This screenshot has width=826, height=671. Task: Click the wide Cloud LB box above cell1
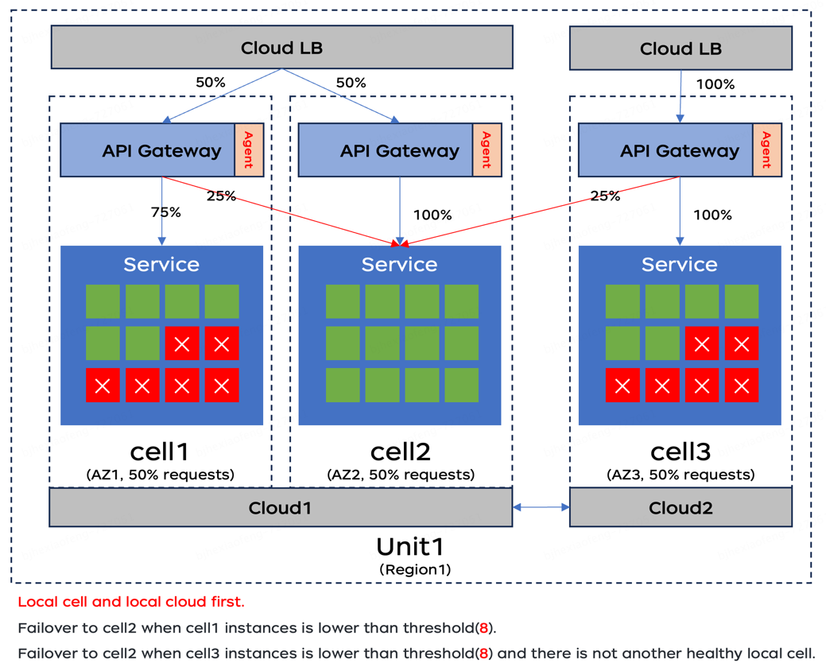click(281, 48)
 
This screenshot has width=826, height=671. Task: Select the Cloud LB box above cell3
click(681, 48)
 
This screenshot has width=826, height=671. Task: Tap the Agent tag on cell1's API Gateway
click(248, 150)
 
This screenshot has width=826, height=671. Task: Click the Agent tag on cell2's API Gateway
click(487, 150)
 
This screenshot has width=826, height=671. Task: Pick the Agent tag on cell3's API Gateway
click(766, 150)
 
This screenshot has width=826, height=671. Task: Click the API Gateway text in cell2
click(399, 150)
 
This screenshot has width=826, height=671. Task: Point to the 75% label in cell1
click(165, 212)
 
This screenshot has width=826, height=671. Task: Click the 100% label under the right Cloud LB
click(715, 84)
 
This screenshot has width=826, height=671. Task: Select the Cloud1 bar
click(280, 507)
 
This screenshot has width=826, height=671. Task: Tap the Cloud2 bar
click(681, 507)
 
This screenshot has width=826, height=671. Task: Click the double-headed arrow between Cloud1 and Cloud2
click(541, 506)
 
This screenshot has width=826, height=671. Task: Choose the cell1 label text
click(160, 452)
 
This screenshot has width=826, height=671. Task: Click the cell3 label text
click(680, 452)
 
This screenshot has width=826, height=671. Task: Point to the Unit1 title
click(409, 547)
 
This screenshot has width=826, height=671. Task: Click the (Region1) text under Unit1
click(415, 569)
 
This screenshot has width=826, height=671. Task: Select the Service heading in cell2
click(399, 264)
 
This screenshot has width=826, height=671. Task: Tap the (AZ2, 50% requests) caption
click(400, 475)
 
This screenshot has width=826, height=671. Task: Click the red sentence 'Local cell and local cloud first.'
click(131, 602)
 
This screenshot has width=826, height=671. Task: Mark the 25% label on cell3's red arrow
click(605, 196)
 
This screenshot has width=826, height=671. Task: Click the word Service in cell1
click(161, 264)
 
